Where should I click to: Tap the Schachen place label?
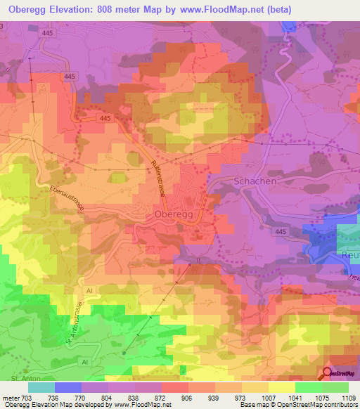point(254,181)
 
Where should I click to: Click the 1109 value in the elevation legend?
point(348,398)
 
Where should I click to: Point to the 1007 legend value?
point(268,398)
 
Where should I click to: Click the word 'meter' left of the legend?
point(10,398)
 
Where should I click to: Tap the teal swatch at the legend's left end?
point(41,387)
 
